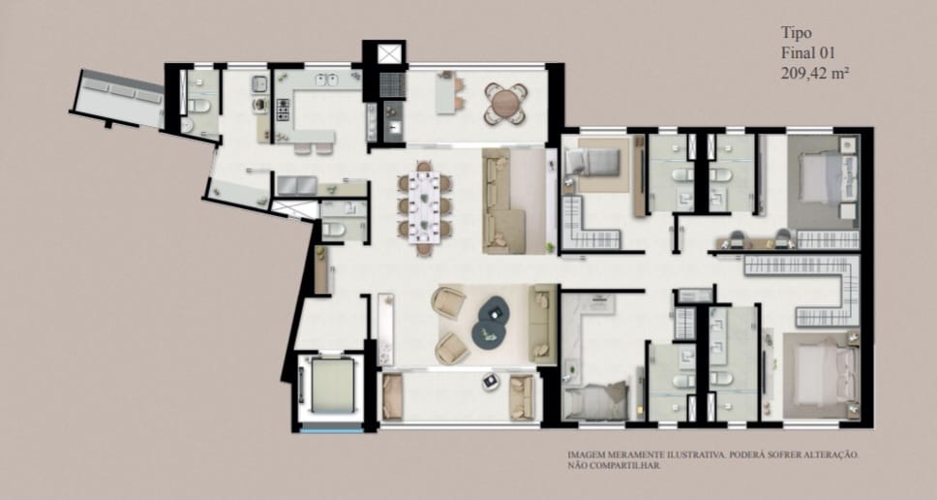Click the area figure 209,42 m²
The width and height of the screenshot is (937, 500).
pos(816,74)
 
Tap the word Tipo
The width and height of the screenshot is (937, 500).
pos(797,32)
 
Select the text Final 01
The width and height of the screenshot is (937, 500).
pos(808,52)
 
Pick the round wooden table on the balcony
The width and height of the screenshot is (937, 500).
pos(505,104)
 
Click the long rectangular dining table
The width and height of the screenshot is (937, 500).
pos(424,207)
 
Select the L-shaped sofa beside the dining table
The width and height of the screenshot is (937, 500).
pos(504,201)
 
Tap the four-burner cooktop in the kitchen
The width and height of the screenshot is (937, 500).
pos(282,109)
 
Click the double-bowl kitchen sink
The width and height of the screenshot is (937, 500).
pos(326,78)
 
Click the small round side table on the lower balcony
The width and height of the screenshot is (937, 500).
pos(490,381)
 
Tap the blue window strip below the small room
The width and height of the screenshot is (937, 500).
pos(332,429)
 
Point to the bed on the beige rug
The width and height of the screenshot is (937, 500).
pos(593,162)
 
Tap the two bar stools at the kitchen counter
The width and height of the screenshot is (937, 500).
pos(314,147)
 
